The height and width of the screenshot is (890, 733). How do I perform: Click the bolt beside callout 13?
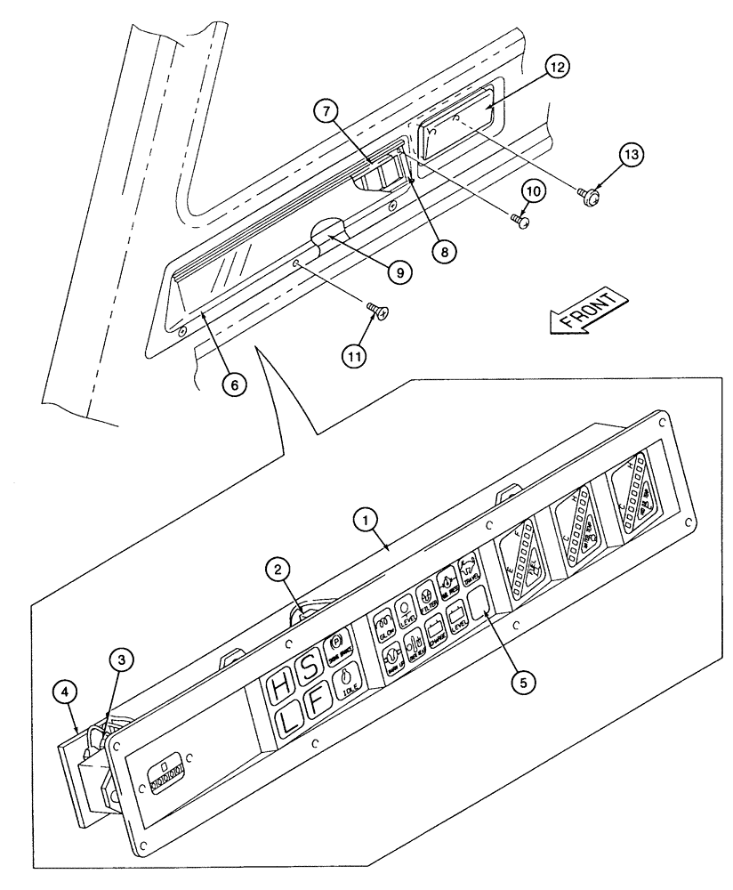tap(587, 190)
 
